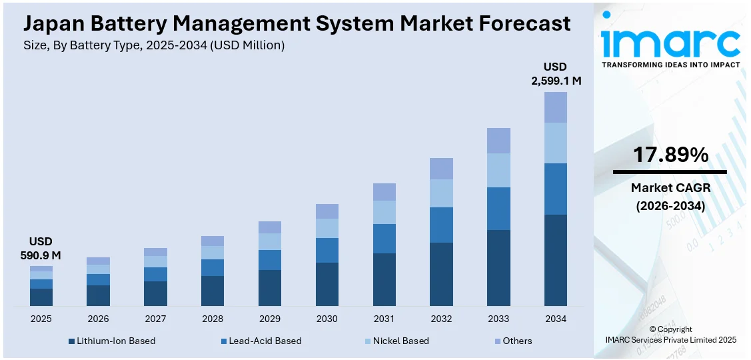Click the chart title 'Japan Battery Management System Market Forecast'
[297, 23]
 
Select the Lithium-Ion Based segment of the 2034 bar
[556, 260]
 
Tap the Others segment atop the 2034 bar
[556, 107]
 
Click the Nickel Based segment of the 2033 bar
[498, 170]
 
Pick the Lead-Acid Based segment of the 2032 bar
[441, 225]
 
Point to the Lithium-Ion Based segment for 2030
[327, 284]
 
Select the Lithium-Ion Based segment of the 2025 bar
[41, 297]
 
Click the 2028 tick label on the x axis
[213, 319]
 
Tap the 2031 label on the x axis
[384, 319]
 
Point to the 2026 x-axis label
[98, 319]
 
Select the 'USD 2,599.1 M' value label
[556, 74]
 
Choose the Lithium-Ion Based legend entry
[112, 341]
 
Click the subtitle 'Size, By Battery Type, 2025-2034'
[154, 45]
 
